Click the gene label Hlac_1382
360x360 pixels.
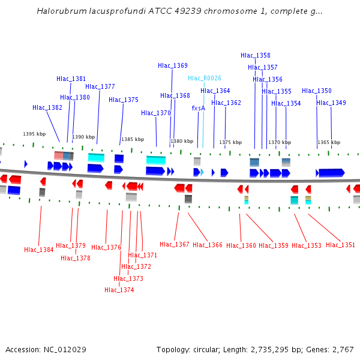pyautogui.click(x=47, y=108)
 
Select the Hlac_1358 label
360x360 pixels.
pyautogui.click(x=256, y=55)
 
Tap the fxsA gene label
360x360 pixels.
pyautogui.click(x=198, y=109)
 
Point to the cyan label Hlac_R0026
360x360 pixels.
pyautogui.click(x=205, y=79)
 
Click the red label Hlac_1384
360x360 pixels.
pyautogui.click(x=39, y=250)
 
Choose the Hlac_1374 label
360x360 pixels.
pyautogui.click(x=119, y=290)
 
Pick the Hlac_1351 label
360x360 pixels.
pyautogui.click(x=341, y=245)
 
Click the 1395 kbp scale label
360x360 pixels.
pyautogui.click(x=34, y=134)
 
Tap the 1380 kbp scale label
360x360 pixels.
pyautogui.click(x=182, y=142)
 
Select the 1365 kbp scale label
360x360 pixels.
pyautogui.click(x=329, y=142)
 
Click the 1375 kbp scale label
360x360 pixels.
pyautogui.click(x=230, y=142)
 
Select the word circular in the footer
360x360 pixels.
pyautogui.click(x=215, y=349)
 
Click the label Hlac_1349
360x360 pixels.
pyautogui.click(x=331, y=103)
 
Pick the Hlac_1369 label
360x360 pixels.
pyautogui.click(x=173, y=66)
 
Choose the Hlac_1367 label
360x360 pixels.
pyautogui.click(x=175, y=244)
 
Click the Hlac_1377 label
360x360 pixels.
pyautogui.click(x=100, y=86)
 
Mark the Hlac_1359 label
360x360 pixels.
pyautogui.click(x=274, y=245)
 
